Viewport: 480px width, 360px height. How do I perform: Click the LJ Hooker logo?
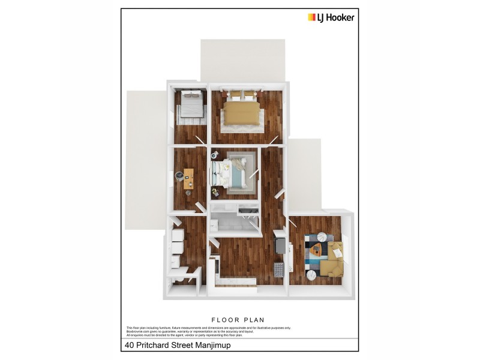tap(331, 17)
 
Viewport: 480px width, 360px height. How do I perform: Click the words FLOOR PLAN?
tap(238, 320)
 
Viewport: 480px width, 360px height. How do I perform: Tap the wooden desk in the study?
tap(189, 178)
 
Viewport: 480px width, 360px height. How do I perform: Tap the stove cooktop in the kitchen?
tap(278, 271)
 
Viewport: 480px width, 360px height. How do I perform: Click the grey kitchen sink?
tap(280, 244)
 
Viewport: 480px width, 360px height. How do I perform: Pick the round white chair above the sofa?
tap(322, 237)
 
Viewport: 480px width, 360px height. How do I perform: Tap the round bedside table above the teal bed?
tap(214, 155)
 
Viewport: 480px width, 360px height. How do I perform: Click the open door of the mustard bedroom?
tap(273, 139)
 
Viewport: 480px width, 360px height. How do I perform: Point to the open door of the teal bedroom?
tap(254, 173)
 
